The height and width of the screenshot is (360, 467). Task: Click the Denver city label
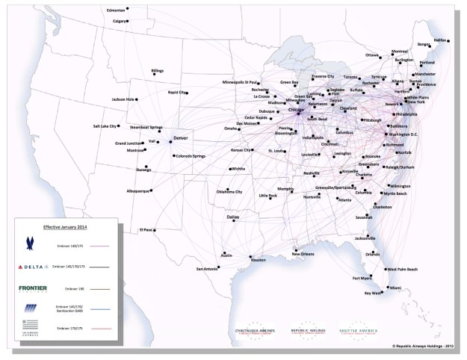(x=182, y=139)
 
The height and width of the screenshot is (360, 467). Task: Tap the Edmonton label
(x=116, y=10)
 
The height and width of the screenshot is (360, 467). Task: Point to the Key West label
(x=372, y=294)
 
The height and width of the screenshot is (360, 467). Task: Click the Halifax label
(x=441, y=40)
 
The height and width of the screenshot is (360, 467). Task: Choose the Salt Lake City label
(x=105, y=126)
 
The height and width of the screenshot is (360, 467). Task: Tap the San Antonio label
(x=207, y=268)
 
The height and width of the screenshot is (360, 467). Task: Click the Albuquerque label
(x=137, y=190)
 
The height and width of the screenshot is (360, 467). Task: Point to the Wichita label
(x=238, y=169)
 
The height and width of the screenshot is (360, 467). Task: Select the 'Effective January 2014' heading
(x=66, y=225)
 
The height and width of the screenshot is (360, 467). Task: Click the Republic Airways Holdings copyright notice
(x=422, y=347)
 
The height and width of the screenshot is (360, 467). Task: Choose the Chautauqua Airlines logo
(x=256, y=330)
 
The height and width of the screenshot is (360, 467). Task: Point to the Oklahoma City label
(x=229, y=192)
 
